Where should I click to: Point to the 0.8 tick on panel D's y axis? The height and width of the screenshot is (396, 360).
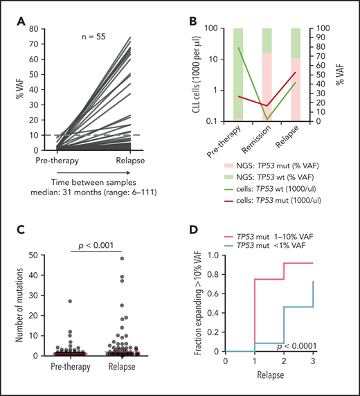coord(217,276)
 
